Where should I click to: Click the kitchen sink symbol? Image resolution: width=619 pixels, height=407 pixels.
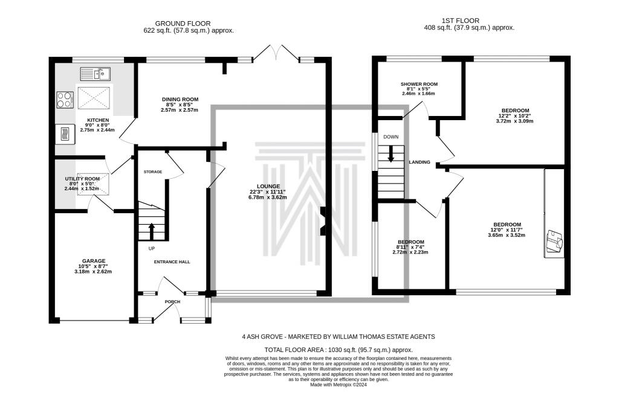tap(96, 74)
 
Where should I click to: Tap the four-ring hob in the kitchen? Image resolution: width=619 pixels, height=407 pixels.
tap(65, 100)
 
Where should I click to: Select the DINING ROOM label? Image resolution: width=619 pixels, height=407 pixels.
tap(180, 100)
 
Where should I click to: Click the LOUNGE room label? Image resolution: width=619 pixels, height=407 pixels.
tap(268, 186)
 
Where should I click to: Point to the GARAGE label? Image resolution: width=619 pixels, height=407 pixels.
tap(94, 261)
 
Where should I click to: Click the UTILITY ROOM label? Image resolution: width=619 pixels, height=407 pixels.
tap(82, 179)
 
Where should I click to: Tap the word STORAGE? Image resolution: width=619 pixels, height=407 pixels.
tap(153, 172)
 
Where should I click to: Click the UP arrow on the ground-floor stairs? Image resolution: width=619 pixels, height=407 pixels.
tap(151, 231)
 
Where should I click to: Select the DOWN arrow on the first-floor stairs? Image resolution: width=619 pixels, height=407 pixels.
tap(391, 154)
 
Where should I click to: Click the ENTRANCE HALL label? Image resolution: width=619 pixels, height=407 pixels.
tap(172, 262)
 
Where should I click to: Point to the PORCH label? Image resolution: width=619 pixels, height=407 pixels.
tap(172, 302)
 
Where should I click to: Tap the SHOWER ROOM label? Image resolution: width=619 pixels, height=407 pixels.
tap(419, 84)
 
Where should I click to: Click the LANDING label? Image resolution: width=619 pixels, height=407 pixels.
tap(420, 162)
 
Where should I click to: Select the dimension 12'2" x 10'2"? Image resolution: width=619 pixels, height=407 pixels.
tap(514, 116)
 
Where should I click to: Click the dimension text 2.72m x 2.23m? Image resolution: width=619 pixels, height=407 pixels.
tap(410, 252)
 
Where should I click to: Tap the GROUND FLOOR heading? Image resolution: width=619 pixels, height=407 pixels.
tap(183, 24)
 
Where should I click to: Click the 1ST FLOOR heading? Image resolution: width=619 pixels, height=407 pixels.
tap(460, 21)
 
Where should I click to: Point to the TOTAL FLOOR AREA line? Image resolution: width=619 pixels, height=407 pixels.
tap(339, 350)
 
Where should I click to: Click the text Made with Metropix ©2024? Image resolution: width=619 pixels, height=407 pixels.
tap(339, 385)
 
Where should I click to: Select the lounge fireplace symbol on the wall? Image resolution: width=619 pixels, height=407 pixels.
tap(323, 221)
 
